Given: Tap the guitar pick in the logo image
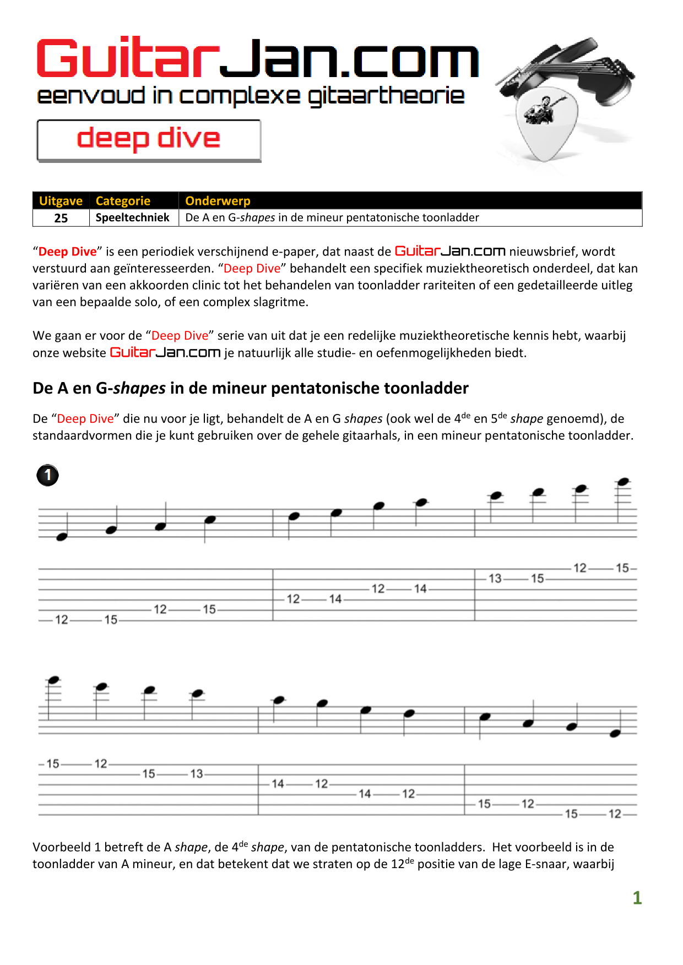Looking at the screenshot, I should [x=545, y=124].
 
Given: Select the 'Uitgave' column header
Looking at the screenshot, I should [x=61, y=201].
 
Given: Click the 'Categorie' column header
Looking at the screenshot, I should [x=123, y=201].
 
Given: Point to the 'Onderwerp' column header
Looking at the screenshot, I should [x=218, y=201].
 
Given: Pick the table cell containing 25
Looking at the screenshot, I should [x=61, y=218].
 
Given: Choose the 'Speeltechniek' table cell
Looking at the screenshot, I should [x=132, y=217].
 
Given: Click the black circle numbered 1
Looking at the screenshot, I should [x=48, y=475].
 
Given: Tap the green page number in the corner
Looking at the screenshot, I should [x=637, y=898].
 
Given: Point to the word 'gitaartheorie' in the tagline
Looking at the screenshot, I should [x=386, y=96].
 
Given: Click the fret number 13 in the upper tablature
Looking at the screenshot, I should [x=495, y=579].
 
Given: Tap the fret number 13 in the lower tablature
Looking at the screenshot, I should [x=197, y=774].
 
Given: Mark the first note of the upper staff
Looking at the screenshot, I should [x=62, y=537].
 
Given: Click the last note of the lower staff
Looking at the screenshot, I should [x=616, y=733].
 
